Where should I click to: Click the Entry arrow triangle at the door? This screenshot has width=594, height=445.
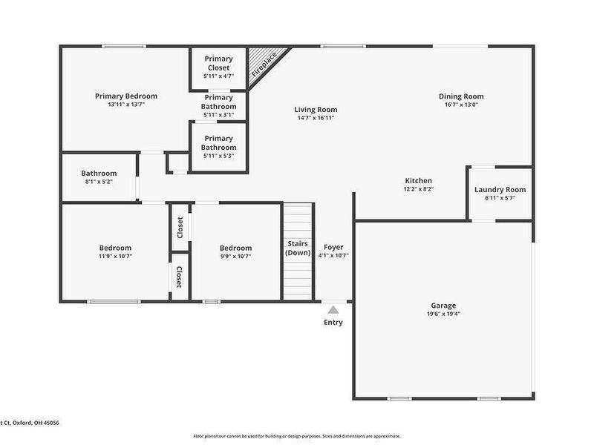tap(333, 310)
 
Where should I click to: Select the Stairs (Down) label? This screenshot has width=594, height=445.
tap(298, 248)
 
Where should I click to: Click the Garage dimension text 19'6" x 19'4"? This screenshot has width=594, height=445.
tap(443, 314)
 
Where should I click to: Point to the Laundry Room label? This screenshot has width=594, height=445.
tap(500, 190)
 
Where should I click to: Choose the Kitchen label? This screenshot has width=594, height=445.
tap(418, 181)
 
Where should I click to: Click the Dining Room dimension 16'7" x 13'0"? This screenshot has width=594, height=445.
tap(461, 105)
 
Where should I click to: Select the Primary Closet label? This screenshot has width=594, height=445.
tap(218, 63)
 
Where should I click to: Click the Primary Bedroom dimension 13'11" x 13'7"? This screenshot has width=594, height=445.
tap(126, 105)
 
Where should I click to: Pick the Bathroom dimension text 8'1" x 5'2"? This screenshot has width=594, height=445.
tap(99, 182)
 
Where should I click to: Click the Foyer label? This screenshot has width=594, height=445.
tap(333, 247)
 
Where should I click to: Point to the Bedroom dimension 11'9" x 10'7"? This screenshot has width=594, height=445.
tap(116, 257)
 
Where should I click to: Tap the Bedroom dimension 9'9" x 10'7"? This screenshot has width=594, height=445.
tap(235, 257)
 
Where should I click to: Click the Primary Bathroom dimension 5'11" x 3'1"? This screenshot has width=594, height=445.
tap(218, 115)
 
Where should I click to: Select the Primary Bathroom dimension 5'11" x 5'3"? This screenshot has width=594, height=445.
tap(218, 156)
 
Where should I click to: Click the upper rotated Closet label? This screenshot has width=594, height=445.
tap(180, 227)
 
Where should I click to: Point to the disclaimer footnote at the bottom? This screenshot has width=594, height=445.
tap(297, 436)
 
